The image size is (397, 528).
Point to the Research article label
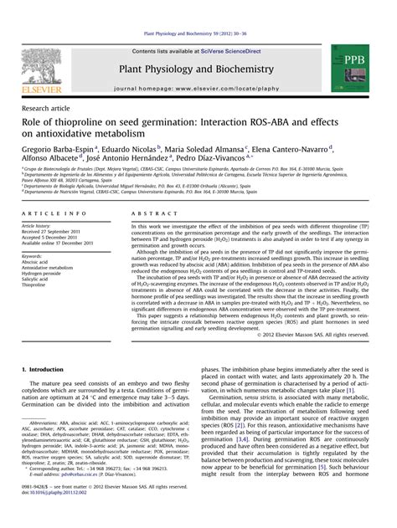[46, 109]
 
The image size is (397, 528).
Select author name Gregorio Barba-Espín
[58, 148]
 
